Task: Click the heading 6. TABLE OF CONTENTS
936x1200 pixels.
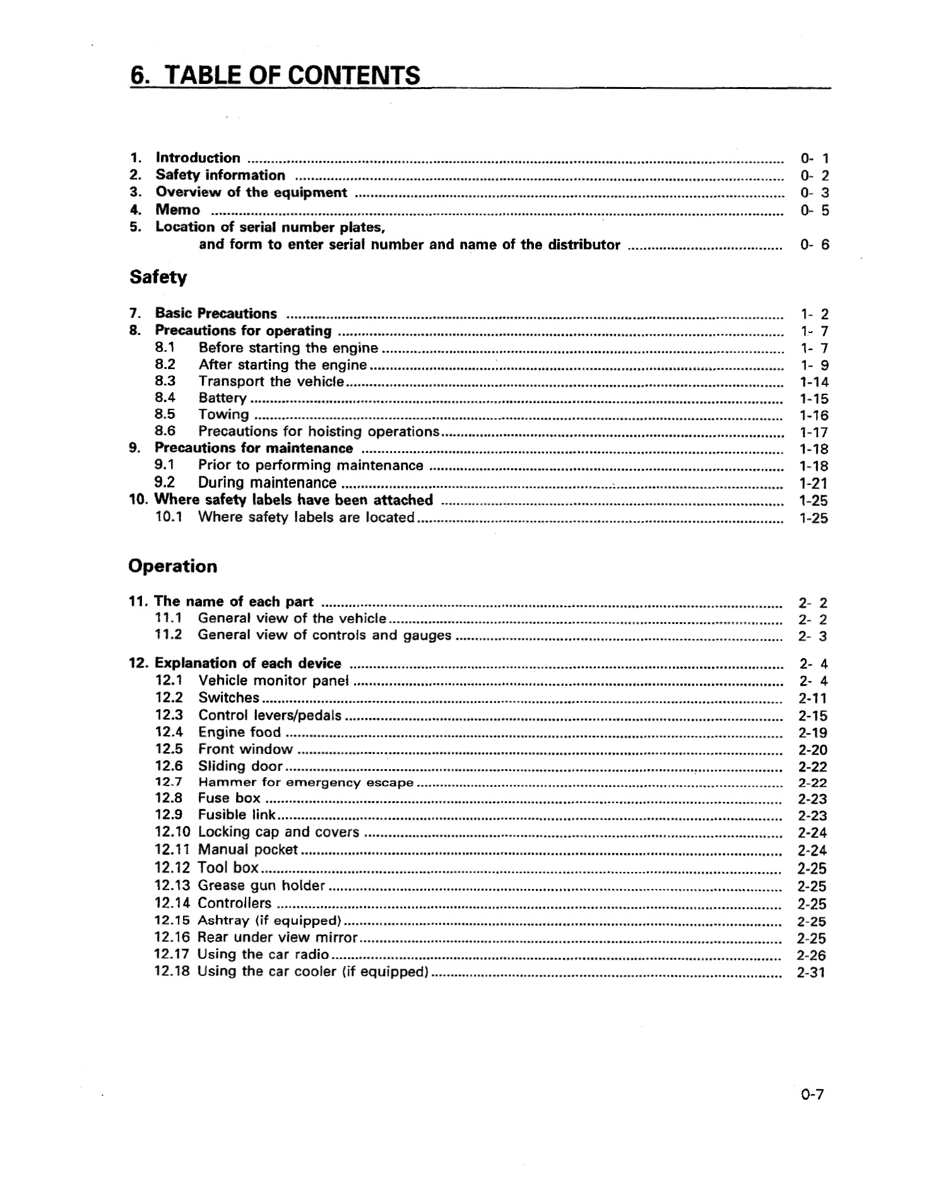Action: pos(275,76)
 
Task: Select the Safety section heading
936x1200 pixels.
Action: pos(158,277)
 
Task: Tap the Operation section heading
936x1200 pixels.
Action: pos(172,566)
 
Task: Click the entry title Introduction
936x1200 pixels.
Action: pos(198,158)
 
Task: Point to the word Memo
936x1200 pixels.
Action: pos(177,209)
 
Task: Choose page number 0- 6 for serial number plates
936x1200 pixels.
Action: pos(814,245)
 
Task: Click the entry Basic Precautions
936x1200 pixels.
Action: pos(216,314)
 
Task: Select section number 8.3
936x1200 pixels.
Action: pos(165,381)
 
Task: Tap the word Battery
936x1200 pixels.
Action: pos(222,398)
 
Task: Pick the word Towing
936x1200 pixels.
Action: pos(223,415)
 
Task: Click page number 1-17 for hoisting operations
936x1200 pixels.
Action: pos(814,433)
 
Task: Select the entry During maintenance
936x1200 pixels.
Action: pos(267,483)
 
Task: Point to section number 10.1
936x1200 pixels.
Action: pos(169,517)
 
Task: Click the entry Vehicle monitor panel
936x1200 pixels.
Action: pos(273,681)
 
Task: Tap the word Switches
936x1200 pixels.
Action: pos(228,698)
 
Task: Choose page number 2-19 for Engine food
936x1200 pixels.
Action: pos(812,733)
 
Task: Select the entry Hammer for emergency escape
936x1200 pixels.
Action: pos(305,783)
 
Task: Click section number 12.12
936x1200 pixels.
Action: pos(172,868)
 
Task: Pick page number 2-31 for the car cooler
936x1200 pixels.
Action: pos(811,973)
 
